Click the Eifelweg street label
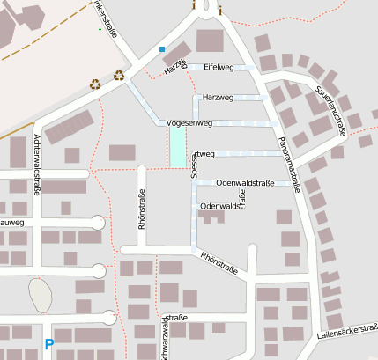point(218,67)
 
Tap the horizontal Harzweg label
point(218,97)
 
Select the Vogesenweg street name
point(189,124)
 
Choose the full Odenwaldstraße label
point(245,183)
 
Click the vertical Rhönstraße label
point(141,209)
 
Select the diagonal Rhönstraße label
point(220,258)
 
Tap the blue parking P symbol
point(49,345)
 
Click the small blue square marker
point(162,48)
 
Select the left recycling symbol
point(94,85)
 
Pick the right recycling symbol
point(119,75)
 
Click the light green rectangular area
point(177,148)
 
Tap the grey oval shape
point(40,295)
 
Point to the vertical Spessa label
point(195,165)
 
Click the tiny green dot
point(100,29)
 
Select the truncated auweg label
point(11,224)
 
